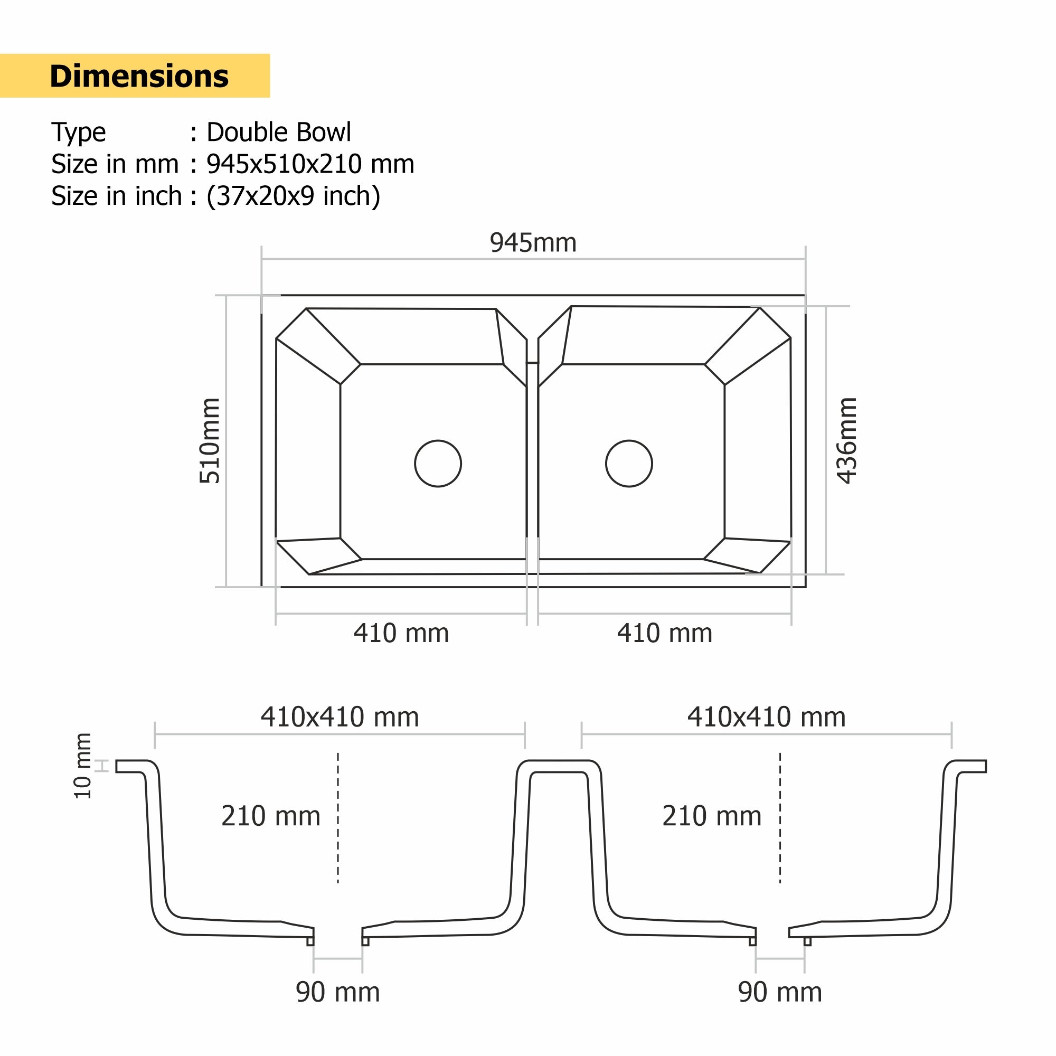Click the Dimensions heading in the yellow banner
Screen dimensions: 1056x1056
coord(139,76)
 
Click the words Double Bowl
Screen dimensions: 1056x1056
coord(278,133)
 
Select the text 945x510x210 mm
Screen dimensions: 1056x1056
coord(310,164)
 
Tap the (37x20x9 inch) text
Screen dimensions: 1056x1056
coord(293,196)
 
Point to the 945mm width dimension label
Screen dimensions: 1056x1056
coord(533,243)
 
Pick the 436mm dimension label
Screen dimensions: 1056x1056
coord(847,440)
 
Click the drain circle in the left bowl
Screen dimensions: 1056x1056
coord(438,464)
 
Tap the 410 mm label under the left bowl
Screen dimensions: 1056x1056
coord(401,634)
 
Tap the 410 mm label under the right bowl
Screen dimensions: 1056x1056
coord(665,634)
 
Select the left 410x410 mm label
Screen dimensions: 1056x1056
coord(340,717)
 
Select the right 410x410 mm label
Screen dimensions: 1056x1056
coord(766,717)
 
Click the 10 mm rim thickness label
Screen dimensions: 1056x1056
coord(83,766)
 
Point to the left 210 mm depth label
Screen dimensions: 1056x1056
coord(270,817)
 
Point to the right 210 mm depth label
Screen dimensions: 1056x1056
coord(712,817)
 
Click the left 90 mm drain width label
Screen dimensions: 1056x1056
coord(338,992)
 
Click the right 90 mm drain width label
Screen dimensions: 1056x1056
coord(780,992)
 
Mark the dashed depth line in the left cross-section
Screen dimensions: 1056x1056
coord(338,820)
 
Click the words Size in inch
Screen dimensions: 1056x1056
coord(116,196)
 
